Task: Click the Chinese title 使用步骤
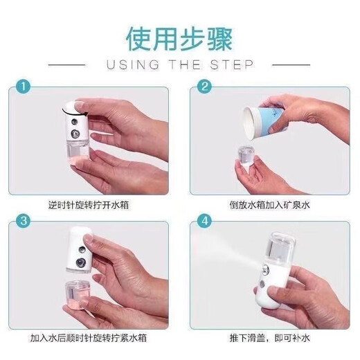[179, 39]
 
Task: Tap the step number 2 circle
[204, 87]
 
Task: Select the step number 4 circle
[204, 223]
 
